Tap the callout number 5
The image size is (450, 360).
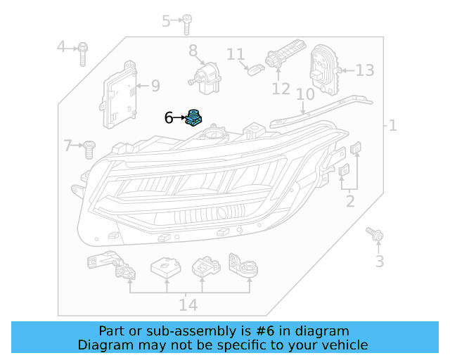167,20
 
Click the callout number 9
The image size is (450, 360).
155,86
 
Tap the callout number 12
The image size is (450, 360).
281,89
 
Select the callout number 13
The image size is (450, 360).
366,70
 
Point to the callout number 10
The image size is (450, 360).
304,94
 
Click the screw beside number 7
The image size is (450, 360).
90,147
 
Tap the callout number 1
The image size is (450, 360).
392,126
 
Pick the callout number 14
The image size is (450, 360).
188,304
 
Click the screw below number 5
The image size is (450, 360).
188,25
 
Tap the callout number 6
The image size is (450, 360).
169,117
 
